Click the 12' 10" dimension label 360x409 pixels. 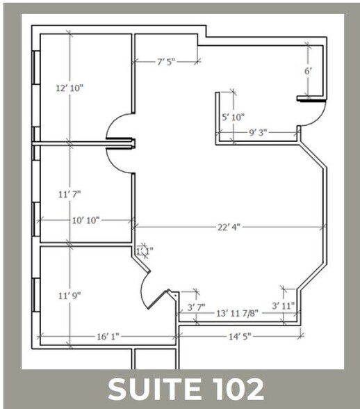[69, 88]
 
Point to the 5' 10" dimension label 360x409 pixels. [233, 118]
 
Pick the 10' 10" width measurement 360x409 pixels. [86, 220]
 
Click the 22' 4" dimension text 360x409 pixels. [228, 227]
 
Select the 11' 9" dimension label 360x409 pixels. [69, 295]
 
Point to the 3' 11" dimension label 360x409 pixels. [284, 305]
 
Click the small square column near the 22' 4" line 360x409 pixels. [143, 250]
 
